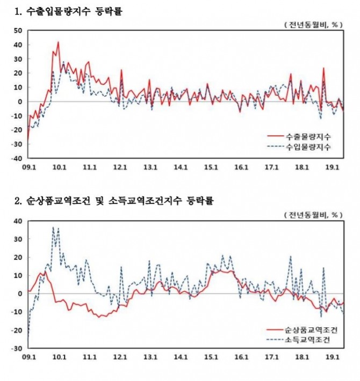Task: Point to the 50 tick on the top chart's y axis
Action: pyautogui.click(x=18, y=31)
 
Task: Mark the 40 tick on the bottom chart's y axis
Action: pyautogui.click(x=18, y=221)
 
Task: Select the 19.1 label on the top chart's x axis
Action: pyautogui.click(x=333, y=167)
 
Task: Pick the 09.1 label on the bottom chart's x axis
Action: pyautogui.click(x=28, y=356)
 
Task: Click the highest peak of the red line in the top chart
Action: pyautogui.click(x=58, y=42)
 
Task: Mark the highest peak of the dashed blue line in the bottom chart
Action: pyautogui.click(x=53, y=227)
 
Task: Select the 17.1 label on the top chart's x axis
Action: pyautogui.click(x=272, y=167)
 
